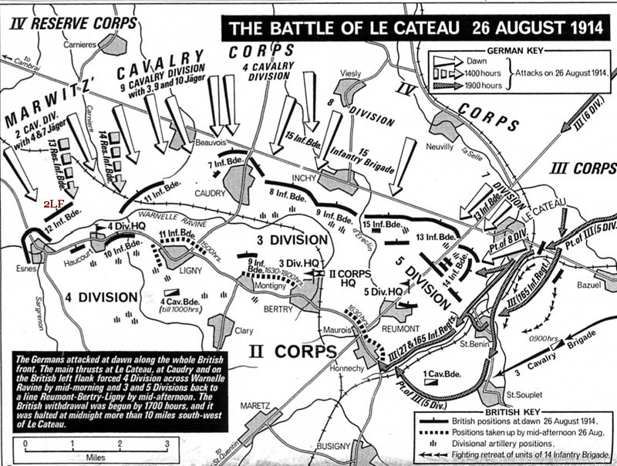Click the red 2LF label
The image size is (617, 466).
(53, 203)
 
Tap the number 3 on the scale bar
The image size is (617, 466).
(167, 444)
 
